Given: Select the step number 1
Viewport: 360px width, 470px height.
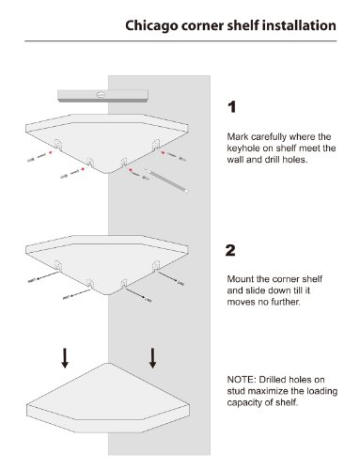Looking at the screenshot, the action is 231,107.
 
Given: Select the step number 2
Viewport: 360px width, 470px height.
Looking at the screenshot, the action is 230,250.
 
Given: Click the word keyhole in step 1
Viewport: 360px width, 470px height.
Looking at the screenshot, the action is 244,149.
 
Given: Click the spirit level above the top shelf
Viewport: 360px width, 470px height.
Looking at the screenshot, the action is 102,95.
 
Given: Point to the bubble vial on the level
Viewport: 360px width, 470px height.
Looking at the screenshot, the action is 101,94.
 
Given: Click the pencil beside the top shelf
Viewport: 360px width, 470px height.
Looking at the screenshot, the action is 166,180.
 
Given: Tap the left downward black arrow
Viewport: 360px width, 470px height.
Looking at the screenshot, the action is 65,357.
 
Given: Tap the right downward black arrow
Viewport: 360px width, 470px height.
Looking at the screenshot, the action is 152,357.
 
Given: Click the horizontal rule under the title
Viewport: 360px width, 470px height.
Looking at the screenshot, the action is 180,41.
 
